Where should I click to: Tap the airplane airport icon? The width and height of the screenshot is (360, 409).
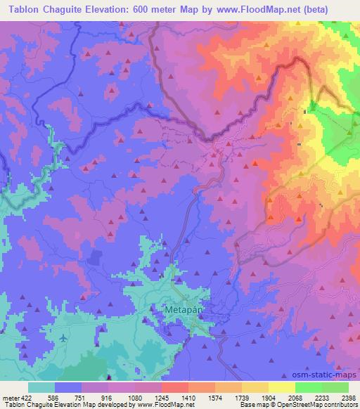pos(64,339)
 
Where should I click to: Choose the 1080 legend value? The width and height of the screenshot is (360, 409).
pos(134,397)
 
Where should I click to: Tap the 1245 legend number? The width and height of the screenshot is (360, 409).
pos(161,397)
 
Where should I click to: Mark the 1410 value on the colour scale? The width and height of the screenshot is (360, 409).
pos(188,397)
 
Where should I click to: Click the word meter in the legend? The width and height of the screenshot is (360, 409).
pos(9,397)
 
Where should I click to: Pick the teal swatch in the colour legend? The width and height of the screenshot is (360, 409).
pos(41,387)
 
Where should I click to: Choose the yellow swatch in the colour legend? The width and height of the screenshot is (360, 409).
pos(281,387)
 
